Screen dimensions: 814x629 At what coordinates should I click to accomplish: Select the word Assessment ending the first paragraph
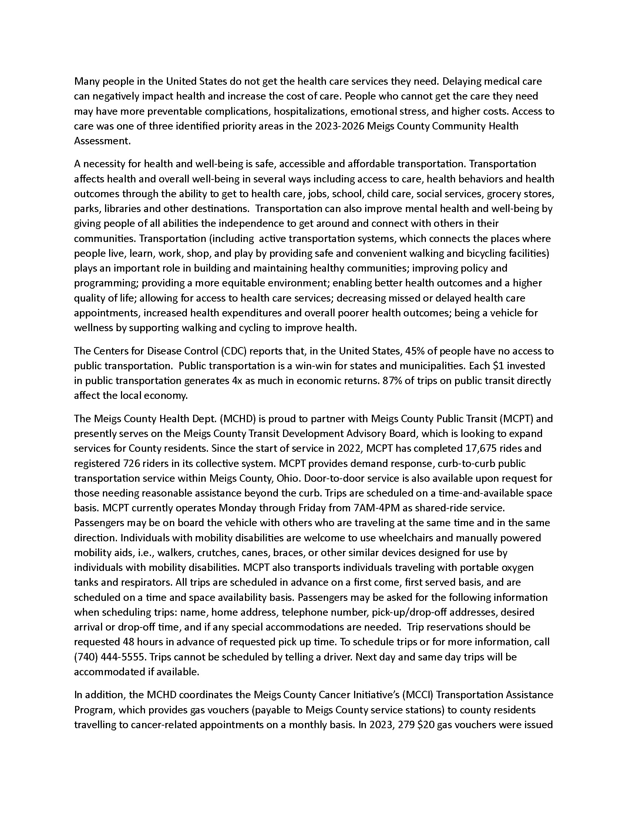click(x=102, y=141)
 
